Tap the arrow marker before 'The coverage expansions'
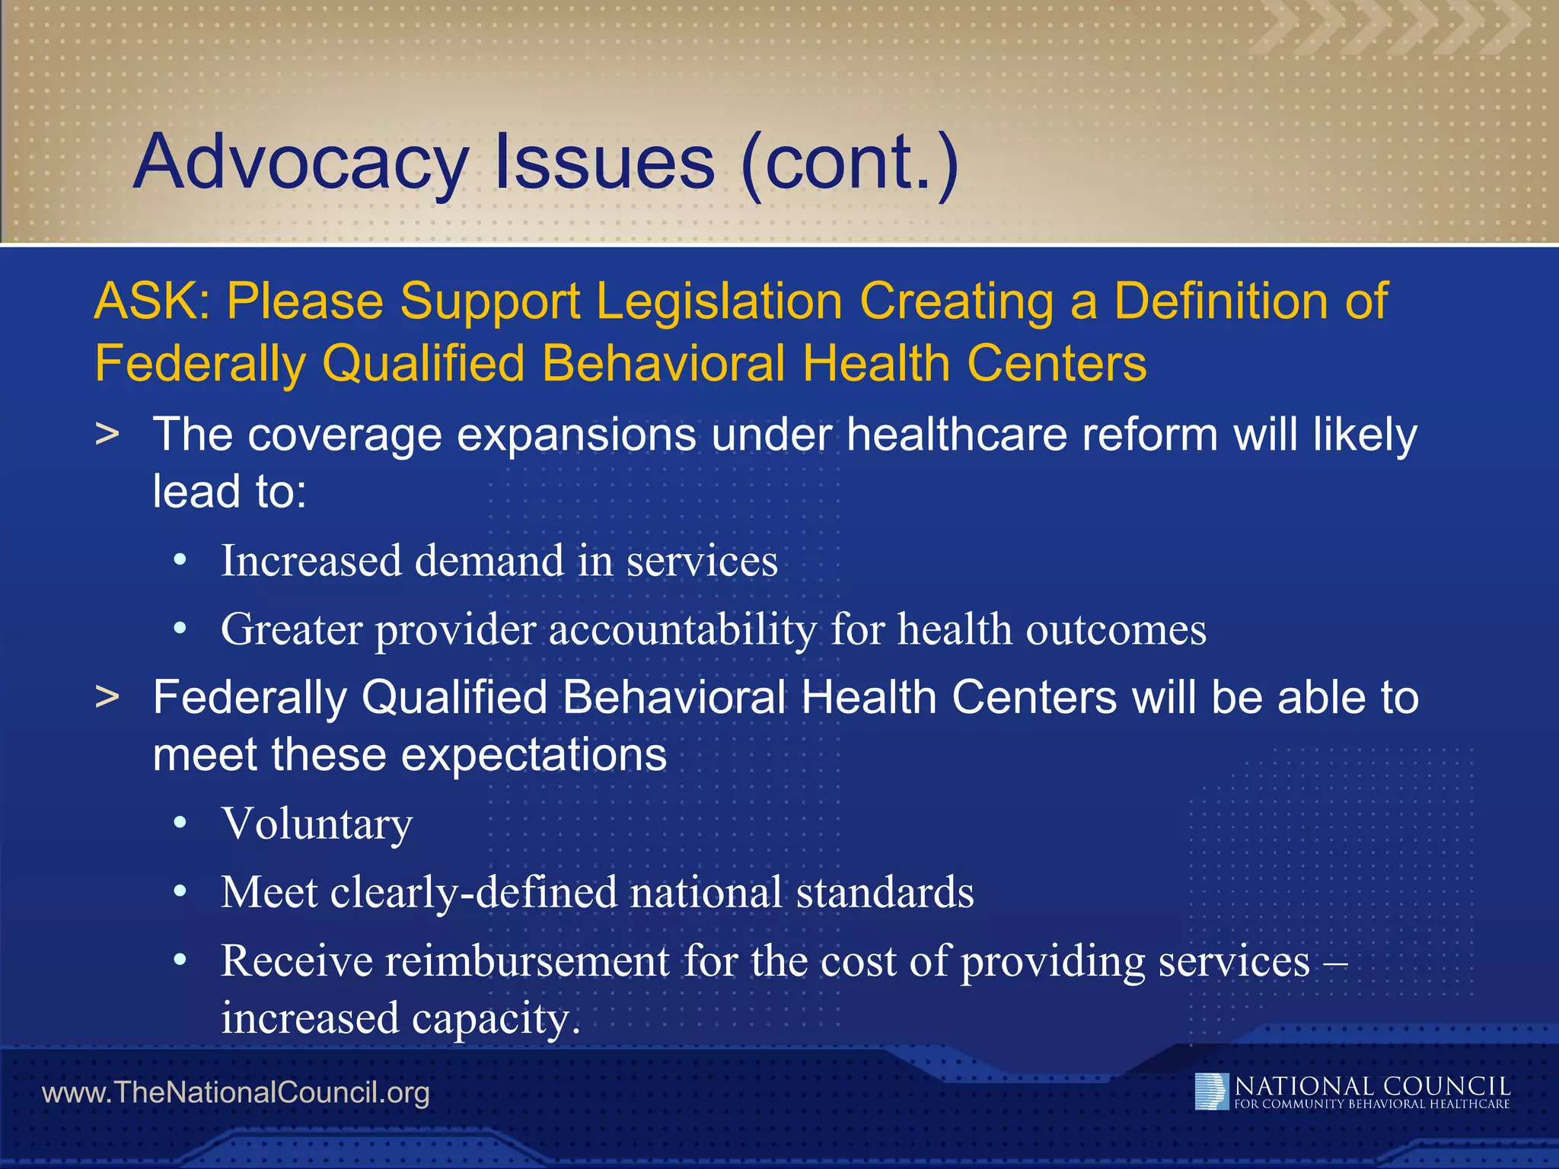107,434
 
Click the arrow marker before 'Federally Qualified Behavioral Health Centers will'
107,697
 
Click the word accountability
682,630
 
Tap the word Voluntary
317,824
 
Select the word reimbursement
527,960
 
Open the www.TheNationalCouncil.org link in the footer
236,1093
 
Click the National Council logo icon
1211,1091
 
